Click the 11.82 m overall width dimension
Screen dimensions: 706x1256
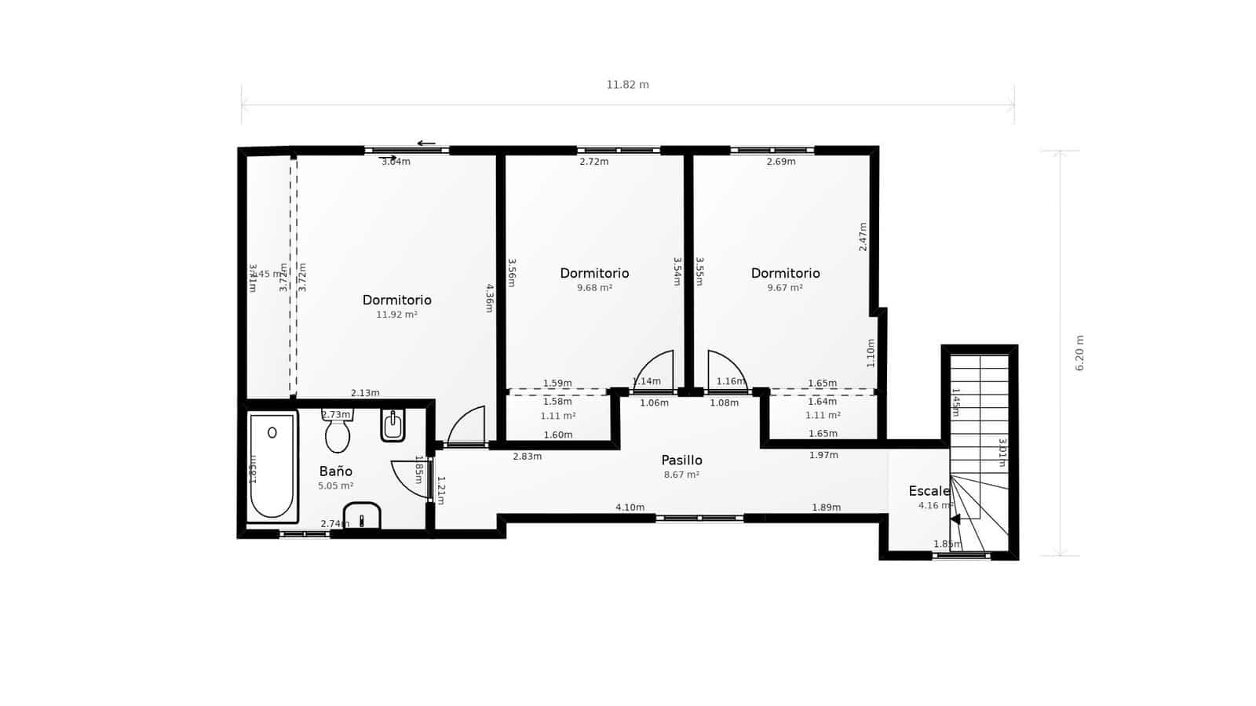(627, 85)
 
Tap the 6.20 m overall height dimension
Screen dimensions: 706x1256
(1079, 353)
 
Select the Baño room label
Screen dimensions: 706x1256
(335, 471)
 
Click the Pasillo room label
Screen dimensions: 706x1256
(681, 460)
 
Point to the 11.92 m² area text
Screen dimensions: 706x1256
(396, 315)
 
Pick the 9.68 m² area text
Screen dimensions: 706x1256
(594, 288)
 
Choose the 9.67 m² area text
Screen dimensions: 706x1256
(785, 288)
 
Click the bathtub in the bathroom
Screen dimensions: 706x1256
(272, 466)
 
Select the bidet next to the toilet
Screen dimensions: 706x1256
(392, 425)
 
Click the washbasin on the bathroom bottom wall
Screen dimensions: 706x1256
(362, 516)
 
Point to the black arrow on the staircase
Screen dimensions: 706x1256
(955, 519)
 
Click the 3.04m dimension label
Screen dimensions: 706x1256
(396, 162)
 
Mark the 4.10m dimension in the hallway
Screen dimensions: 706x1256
(630, 508)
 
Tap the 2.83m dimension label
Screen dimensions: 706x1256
(527, 457)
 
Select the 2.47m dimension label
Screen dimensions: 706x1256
(863, 236)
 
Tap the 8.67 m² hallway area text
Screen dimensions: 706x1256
(681, 475)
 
